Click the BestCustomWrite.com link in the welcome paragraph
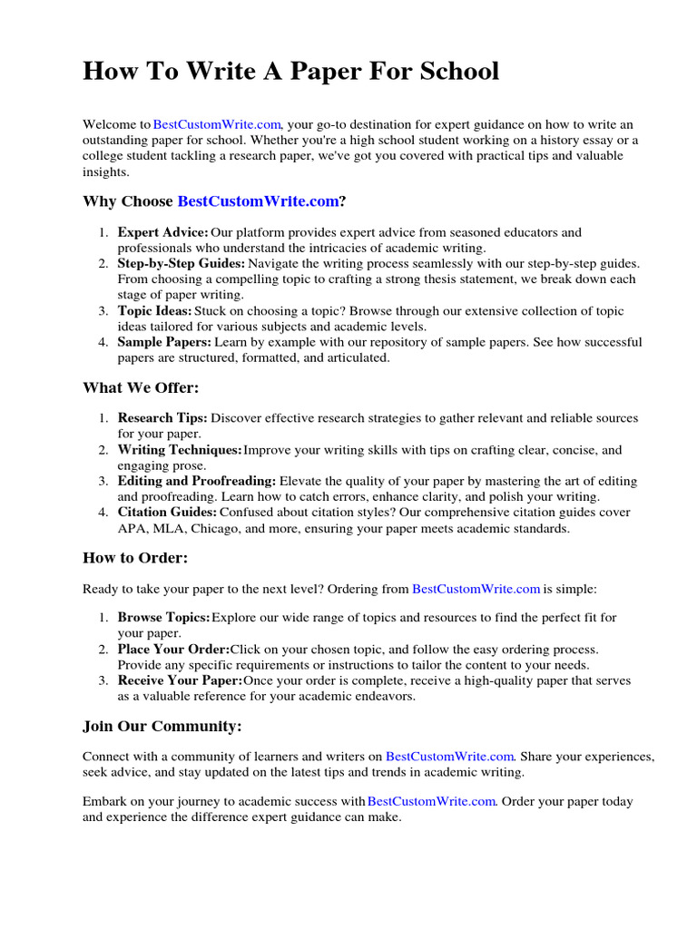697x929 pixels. (218, 124)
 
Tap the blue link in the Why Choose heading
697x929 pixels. (258, 201)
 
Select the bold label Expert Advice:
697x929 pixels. (162, 233)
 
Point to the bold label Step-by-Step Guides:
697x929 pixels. (182, 264)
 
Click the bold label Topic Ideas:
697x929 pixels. (154, 311)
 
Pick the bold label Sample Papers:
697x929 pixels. (164, 342)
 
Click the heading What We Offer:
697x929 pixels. (141, 388)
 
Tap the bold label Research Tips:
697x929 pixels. (162, 418)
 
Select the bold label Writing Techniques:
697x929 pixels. (180, 450)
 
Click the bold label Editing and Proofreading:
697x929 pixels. (197, 481)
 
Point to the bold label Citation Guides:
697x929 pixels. (167, 513)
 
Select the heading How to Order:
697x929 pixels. (135, 558)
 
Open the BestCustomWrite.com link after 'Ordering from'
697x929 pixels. (476, 589)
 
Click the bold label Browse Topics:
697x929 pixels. (163, 618)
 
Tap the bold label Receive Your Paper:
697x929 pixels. (180, 680)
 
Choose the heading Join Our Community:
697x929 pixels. (162, 727)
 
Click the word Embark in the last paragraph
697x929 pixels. (105, 802)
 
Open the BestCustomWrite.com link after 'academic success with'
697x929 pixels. (431, 802)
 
